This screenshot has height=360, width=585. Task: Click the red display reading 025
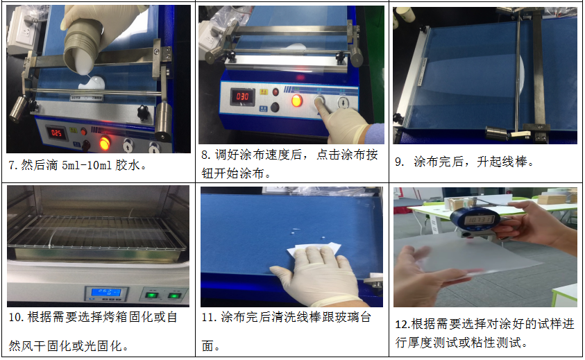pos(56,132)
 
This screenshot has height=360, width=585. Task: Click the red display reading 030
pos(242,97)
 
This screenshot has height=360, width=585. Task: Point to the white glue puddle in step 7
pos(92,83)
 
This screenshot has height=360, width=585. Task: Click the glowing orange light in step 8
pos(296,101)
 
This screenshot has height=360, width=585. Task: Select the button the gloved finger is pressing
pos(319,101)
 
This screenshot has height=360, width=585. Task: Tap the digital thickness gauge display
pos(479,219)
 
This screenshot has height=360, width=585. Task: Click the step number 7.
pos(12,165)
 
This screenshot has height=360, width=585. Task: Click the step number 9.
pos(399,162)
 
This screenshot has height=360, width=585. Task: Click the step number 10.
pos(16,318)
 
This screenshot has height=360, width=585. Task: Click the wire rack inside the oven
pos(97,232)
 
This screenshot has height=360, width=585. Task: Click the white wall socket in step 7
pos(22,33)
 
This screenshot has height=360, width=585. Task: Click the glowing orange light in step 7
pos(104,143)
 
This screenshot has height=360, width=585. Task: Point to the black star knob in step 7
pos(143,112)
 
